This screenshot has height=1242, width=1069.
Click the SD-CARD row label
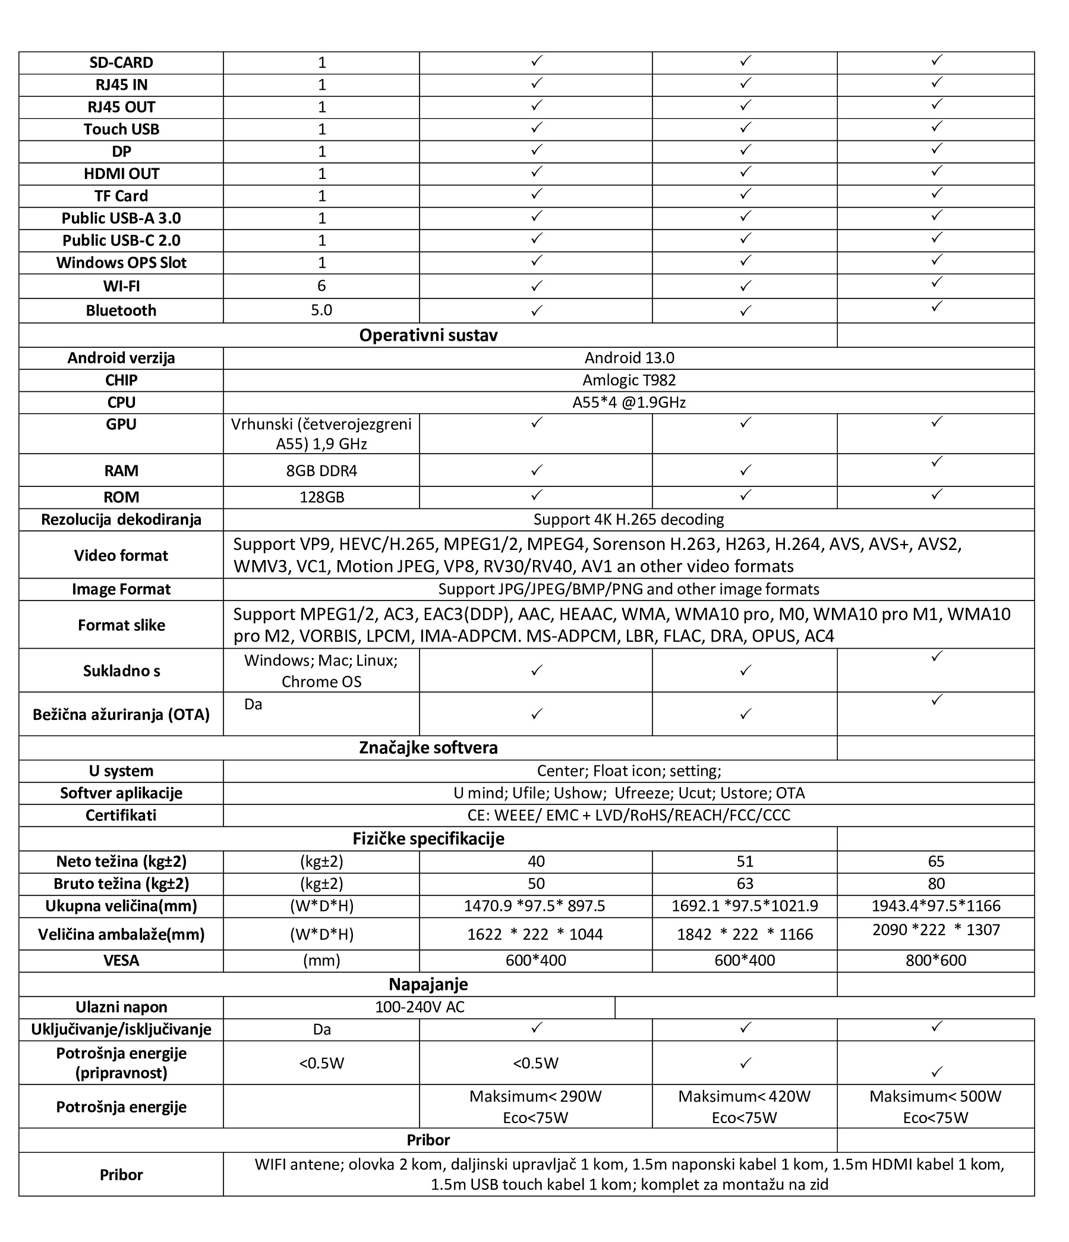121,63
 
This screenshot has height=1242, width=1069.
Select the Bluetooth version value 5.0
321,310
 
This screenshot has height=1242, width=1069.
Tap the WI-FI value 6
321,285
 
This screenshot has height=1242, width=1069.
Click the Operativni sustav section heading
428,335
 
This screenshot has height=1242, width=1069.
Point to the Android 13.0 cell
629,358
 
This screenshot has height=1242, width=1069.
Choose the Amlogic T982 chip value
629,380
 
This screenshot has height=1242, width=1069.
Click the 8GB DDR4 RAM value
321,470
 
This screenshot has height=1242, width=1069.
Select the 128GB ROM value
321,497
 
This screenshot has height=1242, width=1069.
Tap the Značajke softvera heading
428,747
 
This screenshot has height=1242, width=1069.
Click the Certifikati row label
121,815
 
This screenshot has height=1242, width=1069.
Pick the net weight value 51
744,861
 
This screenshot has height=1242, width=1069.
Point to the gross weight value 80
935,883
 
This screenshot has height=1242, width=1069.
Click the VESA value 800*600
935,960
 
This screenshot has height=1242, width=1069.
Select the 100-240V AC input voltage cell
420,1007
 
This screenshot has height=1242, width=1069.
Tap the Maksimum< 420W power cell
744,1096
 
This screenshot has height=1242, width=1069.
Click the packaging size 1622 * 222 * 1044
535,934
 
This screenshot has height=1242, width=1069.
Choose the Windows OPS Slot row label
121,263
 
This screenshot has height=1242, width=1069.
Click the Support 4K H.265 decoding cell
629,519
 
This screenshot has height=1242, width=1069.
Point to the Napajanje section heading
428,984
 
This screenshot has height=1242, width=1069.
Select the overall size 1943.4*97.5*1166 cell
935,905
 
